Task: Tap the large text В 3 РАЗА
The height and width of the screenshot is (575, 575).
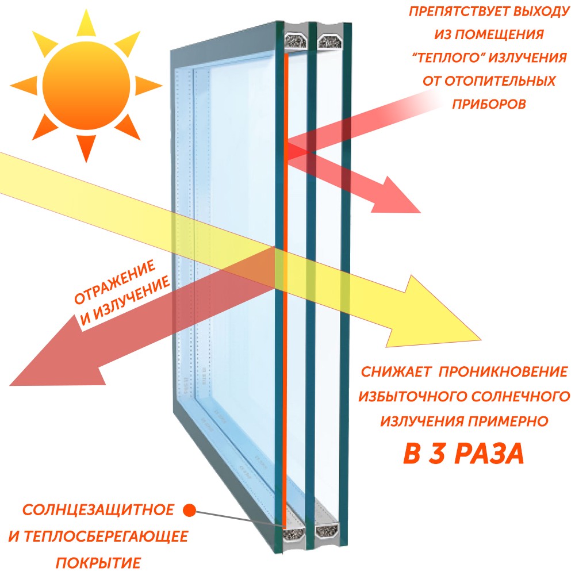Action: [464, 454]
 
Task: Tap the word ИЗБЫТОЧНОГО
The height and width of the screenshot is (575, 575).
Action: [412, 396]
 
